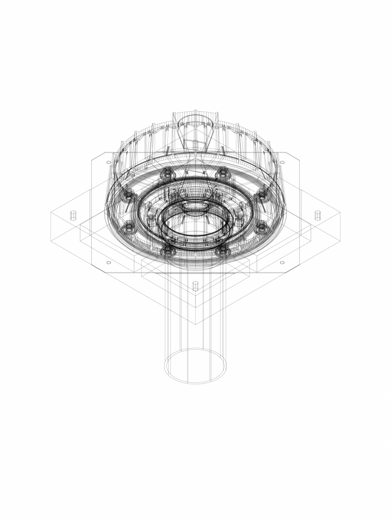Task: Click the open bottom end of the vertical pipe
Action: [x=195, y=366]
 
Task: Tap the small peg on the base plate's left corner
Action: [x=73, y=215]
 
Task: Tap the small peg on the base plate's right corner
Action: [x=317, y=215]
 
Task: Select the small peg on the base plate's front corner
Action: [x=195, y=286]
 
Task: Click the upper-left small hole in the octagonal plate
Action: [x=108, y=162]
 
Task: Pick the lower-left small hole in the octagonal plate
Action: [x=108, y=263]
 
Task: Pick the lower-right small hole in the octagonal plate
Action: [x=282, y=263]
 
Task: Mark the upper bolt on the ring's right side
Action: [x=262, y=195]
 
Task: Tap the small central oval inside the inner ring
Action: [x=195, y=209]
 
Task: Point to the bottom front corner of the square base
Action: [x=195, y=325]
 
